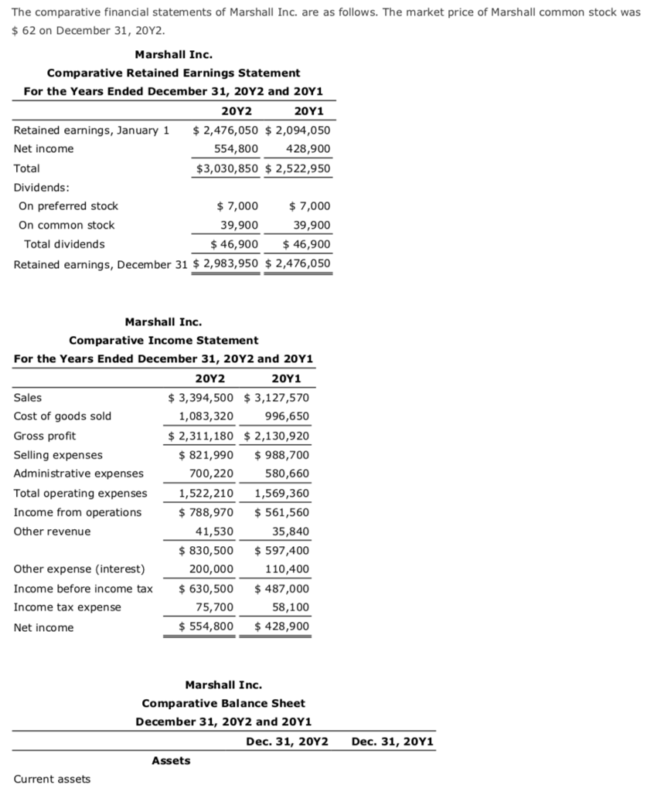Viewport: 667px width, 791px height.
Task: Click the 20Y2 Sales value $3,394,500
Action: (x=202, y=398)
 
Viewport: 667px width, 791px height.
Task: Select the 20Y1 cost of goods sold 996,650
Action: (x=287, y=416)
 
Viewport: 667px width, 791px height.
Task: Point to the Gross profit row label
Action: (x=45, y=436)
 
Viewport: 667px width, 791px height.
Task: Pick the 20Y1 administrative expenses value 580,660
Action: (x=287, y=474)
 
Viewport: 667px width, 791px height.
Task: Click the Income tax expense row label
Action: (x=67, y=607)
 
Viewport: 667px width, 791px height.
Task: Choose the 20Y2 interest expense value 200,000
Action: (x=211, y=569)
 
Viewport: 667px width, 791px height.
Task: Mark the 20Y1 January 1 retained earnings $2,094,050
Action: (x=298, y=130)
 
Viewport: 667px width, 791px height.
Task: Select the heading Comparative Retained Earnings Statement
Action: (x=173, y=73)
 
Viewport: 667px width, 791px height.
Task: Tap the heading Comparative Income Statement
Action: (x=163, y=340)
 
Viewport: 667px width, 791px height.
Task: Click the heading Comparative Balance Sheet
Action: (x=223, y=703)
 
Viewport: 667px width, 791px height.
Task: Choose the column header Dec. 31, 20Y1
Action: (x=392, y=742)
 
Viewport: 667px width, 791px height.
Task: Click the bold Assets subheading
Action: (x=171, y=761)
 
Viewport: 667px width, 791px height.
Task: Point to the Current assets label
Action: (x=52, y=779)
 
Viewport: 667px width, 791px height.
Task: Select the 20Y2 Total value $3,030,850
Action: (x=226, y=168)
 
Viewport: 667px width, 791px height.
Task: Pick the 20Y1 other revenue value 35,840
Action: (x=291, y=531)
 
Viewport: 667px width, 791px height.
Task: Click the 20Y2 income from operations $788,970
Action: (x=206, y=512)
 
